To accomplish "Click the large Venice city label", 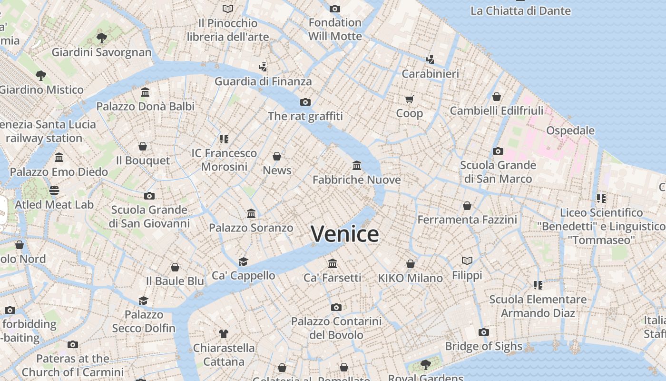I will (345, 234).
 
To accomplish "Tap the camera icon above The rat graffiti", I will (305, 102).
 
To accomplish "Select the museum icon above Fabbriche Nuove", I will (357, 165).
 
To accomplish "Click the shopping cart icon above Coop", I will (410, 99).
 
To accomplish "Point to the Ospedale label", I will (570, 130).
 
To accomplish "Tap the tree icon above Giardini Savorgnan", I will (101, 38).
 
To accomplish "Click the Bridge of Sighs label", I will (484, 346).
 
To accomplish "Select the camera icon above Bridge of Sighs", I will (484, 332).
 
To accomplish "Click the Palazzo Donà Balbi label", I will (146, 106).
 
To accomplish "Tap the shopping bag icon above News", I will (277, 156).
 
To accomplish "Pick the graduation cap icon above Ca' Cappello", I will (244, 261).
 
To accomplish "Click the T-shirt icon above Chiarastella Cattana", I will (224, 333).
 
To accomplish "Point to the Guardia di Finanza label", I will (263, 81).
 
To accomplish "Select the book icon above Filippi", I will (467, 261).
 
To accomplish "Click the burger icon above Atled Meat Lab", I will (54, 190).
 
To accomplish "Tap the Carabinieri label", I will (431, 74).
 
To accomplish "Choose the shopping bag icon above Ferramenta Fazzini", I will (467, 206).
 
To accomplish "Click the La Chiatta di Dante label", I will (520, 11).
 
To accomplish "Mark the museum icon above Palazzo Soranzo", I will (251, 214).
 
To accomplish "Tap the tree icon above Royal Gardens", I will (425, 365).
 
